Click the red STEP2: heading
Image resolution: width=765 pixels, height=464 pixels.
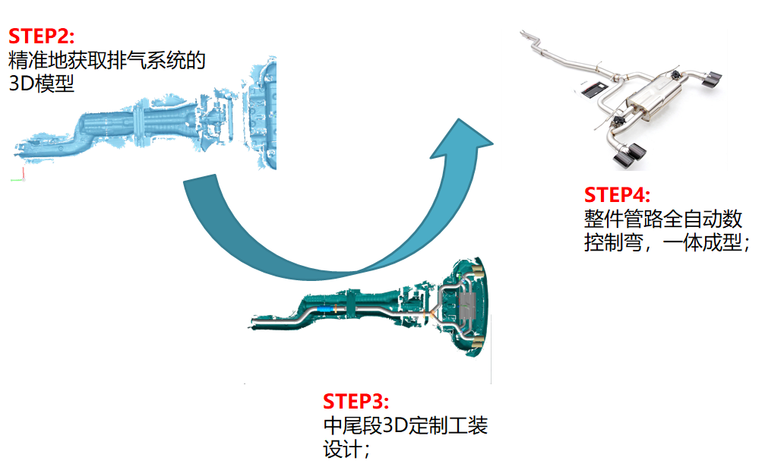pos(42,36)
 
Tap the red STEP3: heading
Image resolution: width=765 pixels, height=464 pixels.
pos(356,401)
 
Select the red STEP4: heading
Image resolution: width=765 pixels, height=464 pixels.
pos(617,194)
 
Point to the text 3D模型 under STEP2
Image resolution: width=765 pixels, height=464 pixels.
pos(42,84)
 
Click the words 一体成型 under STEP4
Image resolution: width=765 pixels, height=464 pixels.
pos(702,242)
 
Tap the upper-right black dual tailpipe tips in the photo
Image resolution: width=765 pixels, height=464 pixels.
pos(712,80)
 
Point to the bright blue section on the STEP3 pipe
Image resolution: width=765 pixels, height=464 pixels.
pos(325,309)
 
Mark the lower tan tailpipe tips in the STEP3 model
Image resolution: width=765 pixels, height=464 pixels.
pos(478,340)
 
